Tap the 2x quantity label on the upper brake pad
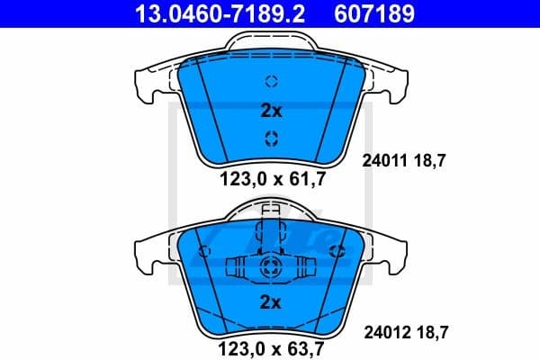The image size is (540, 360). (x=271, y=112)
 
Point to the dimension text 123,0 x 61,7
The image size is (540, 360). (x=271, y=179)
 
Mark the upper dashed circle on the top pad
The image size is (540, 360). (x=271, y=81)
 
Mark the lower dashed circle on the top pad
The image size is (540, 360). (x=271, y=138)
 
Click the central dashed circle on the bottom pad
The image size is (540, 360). (x=271, y=267)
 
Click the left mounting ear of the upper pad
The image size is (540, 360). (x=153, y=85)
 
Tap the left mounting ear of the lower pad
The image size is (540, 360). (x=153, y=251)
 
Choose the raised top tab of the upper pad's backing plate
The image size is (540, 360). (x=271, y=43)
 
